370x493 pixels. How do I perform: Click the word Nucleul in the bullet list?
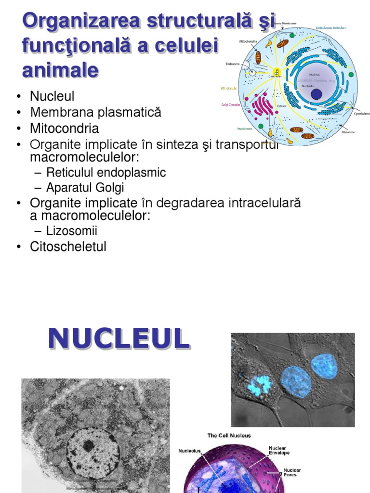click(x=52, y=96)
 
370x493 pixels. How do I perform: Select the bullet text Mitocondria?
click(x=64, y=129)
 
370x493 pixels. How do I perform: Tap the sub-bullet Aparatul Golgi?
click(x=85, y=187)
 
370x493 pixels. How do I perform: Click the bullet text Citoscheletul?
click(x=68, y=247)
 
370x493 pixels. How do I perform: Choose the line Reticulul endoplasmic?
click(x=106, y=173)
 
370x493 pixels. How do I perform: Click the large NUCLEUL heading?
click(x=119, y=339)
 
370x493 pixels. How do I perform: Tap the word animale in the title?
click(x=60, y=70)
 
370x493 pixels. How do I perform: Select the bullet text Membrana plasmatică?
click(x=95, y=113)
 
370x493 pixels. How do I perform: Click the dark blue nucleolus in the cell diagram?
click(x=316, y=94)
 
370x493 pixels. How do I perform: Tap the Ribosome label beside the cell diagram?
click(x=348, y=131)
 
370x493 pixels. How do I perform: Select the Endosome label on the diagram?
click(x=233, y=64)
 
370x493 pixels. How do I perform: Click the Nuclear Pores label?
click(x=292, y=472)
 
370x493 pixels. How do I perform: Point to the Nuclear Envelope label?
click(x=279, y=450)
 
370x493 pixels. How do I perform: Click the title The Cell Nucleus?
click(x=229, y=436)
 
